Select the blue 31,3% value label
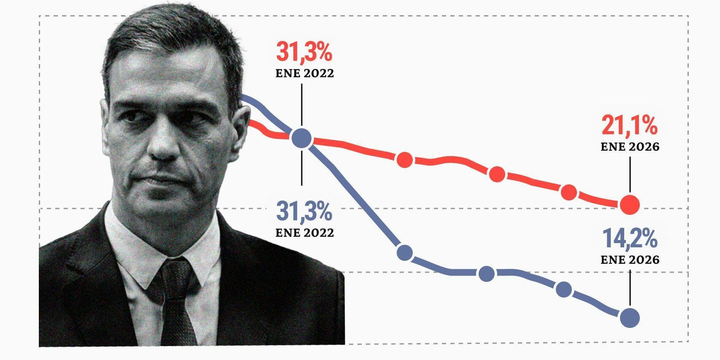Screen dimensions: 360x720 coord(304,211)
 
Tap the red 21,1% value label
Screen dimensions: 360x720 coord(629,125)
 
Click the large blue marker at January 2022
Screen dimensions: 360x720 coord(302,138)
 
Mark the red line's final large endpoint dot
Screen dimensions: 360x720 coord(630,205)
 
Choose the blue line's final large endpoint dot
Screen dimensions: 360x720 coord(630,318)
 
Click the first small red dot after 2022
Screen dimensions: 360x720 coord(405,160)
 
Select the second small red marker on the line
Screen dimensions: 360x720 coord(497,174)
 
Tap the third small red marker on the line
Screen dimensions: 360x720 coord(569,192)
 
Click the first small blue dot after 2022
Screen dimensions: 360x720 coord(405,253)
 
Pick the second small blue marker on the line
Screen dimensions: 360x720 coord(487,273)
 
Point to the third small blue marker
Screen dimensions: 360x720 coord(564,290)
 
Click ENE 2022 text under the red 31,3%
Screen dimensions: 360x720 coord(304,73)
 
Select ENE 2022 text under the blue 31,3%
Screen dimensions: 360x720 coord(304,233)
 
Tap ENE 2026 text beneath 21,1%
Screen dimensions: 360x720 coord(630,147)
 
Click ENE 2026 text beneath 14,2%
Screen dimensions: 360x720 coord(630,260)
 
